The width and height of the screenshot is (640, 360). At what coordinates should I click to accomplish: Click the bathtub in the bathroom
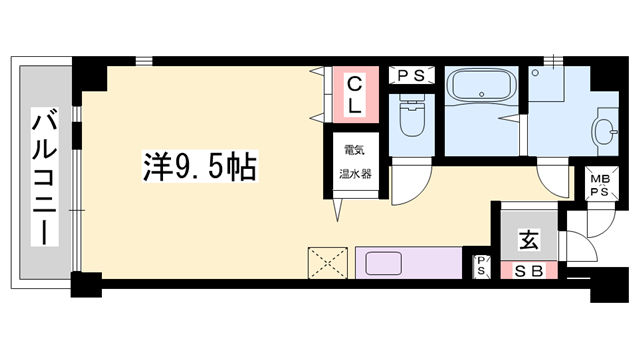coord(480,87)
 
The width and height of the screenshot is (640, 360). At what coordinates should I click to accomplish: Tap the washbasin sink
coord(606,130)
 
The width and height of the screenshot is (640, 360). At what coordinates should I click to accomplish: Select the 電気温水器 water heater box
coord(356,160)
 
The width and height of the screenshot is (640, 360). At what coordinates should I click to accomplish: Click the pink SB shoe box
coord(528,270)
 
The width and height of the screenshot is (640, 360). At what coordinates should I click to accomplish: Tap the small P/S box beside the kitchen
coord(481,265)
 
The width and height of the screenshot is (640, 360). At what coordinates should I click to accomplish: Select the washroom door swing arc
coord(554,180)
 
